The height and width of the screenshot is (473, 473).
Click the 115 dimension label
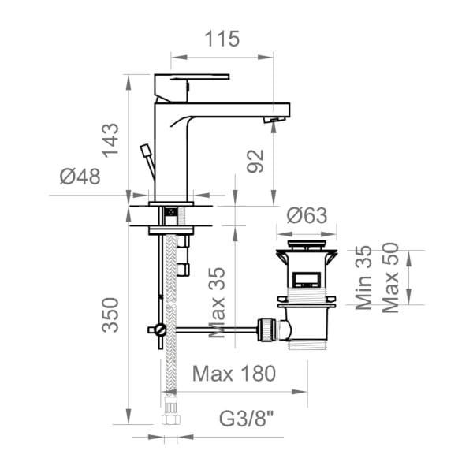click(222, 39)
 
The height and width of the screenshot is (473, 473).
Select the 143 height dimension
click(110, 140)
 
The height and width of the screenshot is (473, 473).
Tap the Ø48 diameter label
click(80, 177)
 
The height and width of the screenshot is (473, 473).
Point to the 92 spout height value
click(255, 161)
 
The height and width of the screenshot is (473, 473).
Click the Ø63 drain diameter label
click(307, 215)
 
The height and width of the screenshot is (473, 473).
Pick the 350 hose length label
click(110, 315)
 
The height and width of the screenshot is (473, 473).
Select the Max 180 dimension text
click(234, 374)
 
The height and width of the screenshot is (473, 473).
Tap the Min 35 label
click(363, 277)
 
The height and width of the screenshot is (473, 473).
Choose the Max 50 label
click(391, 278)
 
